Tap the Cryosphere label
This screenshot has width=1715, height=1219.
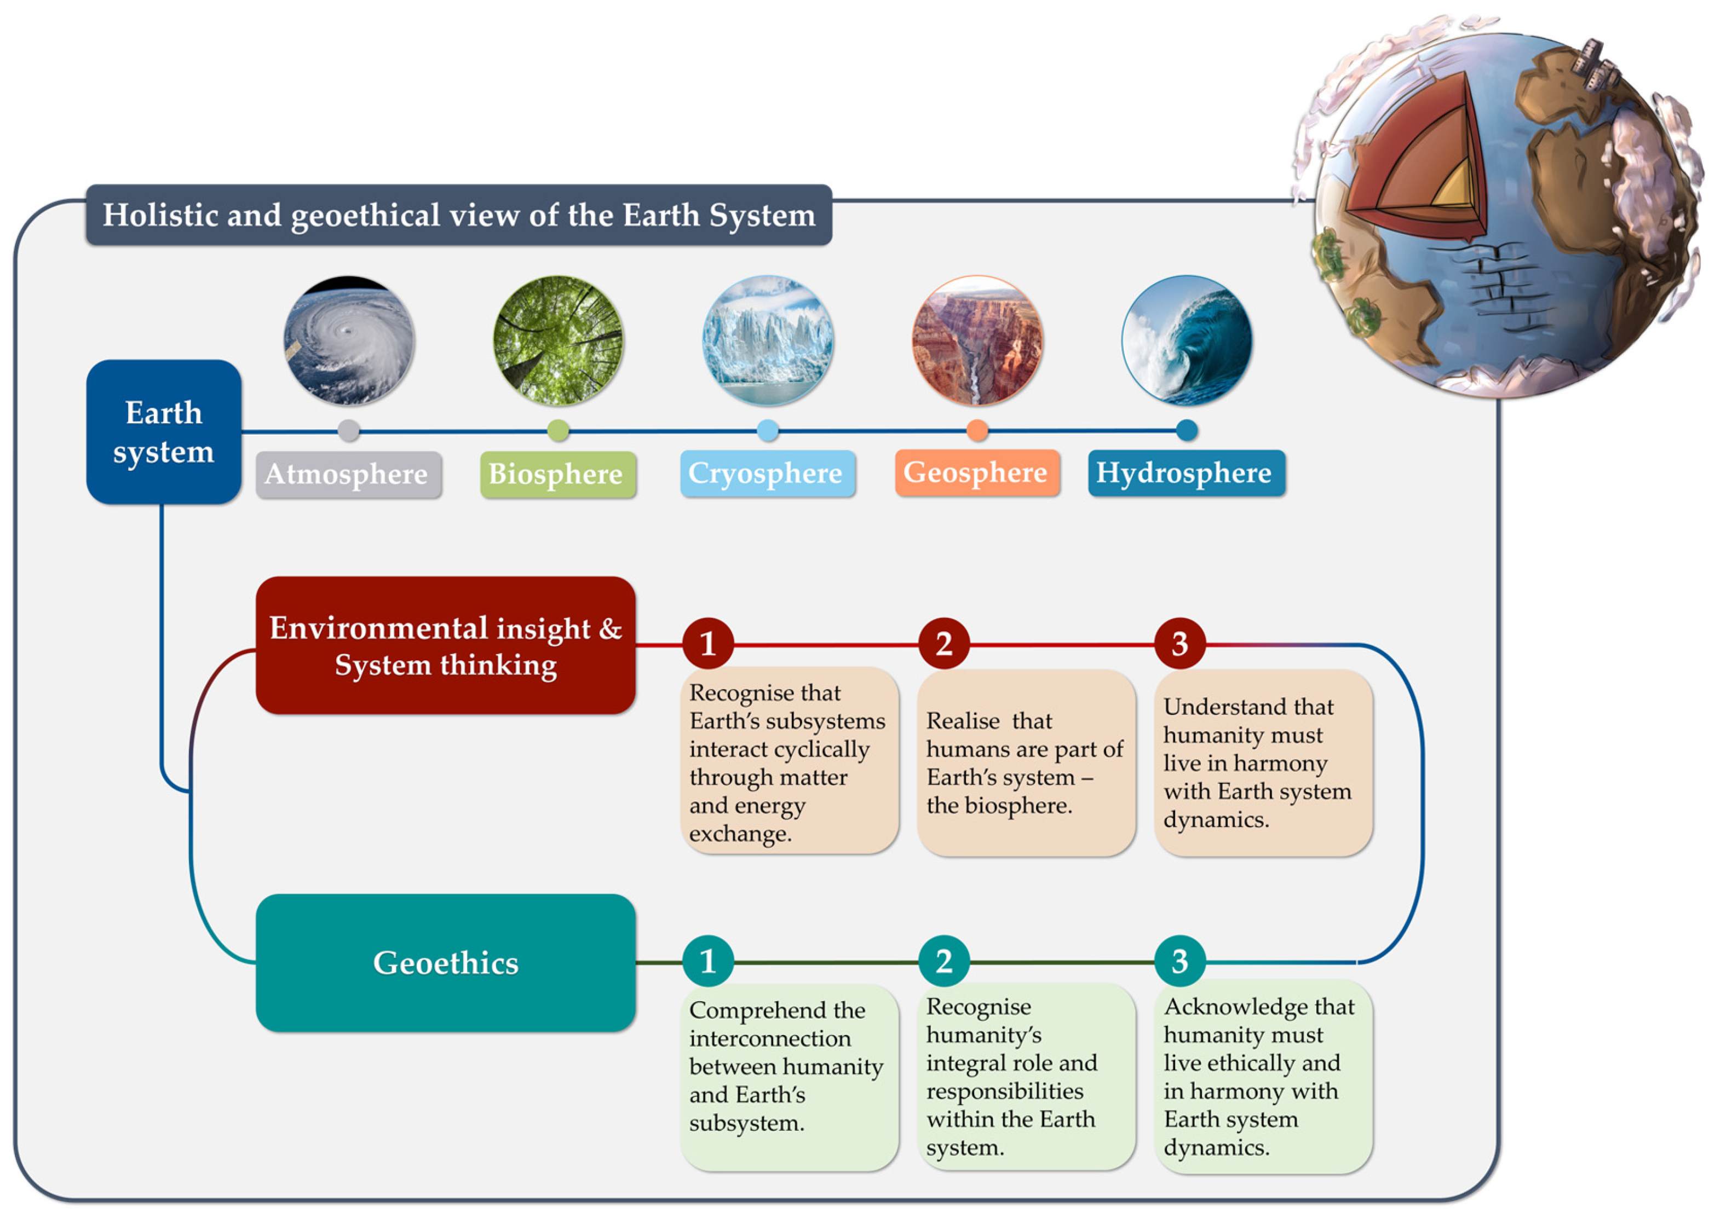tap(767, 473)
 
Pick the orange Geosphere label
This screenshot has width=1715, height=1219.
tap(976, 473)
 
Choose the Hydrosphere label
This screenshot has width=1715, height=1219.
tap(1185, 473)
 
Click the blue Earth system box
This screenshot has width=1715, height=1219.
tap(164, 432)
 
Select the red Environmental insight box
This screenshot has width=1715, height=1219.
tap(445, 645)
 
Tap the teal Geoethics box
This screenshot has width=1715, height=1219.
tap(445, 962)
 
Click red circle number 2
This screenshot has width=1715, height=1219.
tap(944, 643)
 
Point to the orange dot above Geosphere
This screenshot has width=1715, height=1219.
tap(977, 430)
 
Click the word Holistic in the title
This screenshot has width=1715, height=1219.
tap(158, 216)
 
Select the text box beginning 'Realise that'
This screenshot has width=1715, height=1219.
tap(1026, 762)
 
